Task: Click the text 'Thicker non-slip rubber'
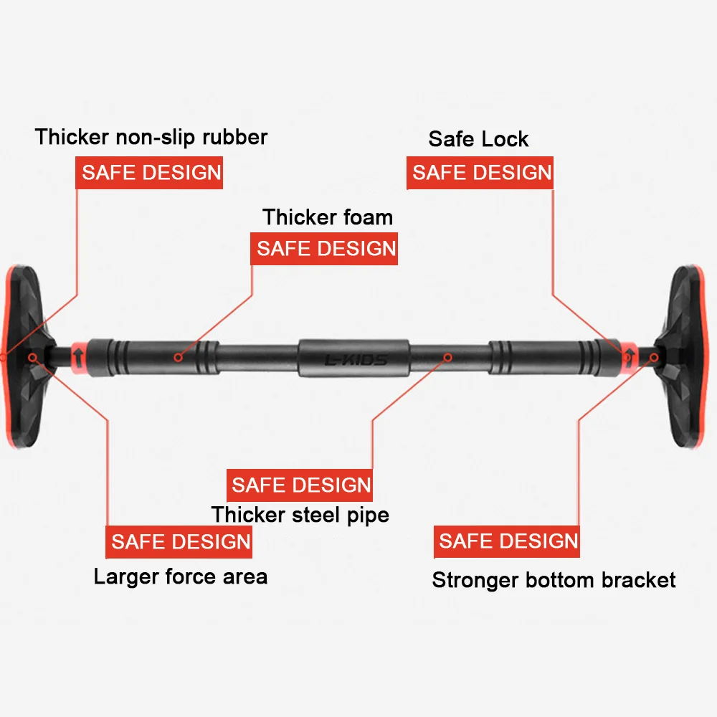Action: tap(151, 137)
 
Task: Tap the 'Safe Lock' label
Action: tap(478, 138)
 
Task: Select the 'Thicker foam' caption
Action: tap(328, 217)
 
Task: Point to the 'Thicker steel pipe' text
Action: tap(300, 514)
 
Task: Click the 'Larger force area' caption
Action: tap(181, 576)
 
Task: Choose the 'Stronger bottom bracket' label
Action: tap(554, 579)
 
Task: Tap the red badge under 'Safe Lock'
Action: tap(480, 173)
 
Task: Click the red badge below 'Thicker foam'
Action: tap(324, 249)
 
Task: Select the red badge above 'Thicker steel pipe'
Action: tap(300, 485)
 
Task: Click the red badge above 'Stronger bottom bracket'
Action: tap(507, 541)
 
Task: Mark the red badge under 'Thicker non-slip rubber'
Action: tap(149, 173)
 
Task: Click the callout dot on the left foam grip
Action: tap(177, 356)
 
